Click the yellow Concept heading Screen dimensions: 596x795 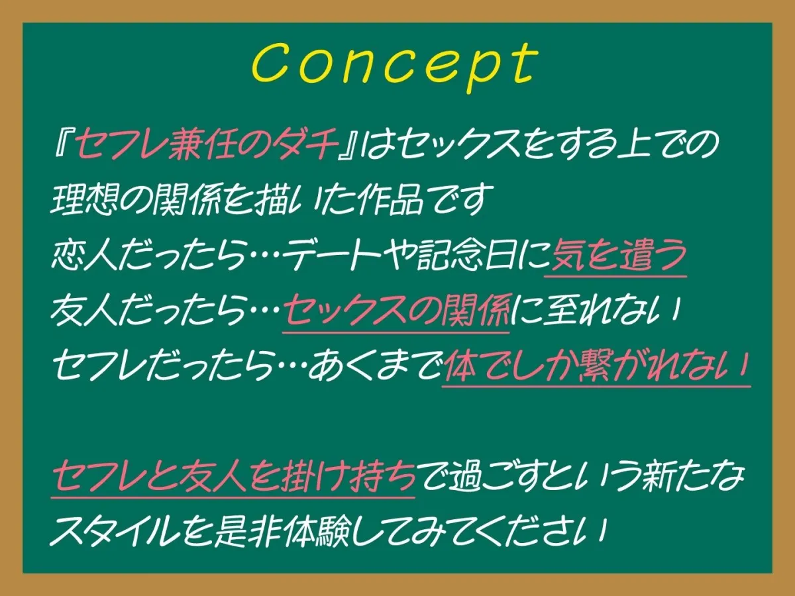click(x=395, y=64)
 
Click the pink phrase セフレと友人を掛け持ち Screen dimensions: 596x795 click(x=233, y=475)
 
